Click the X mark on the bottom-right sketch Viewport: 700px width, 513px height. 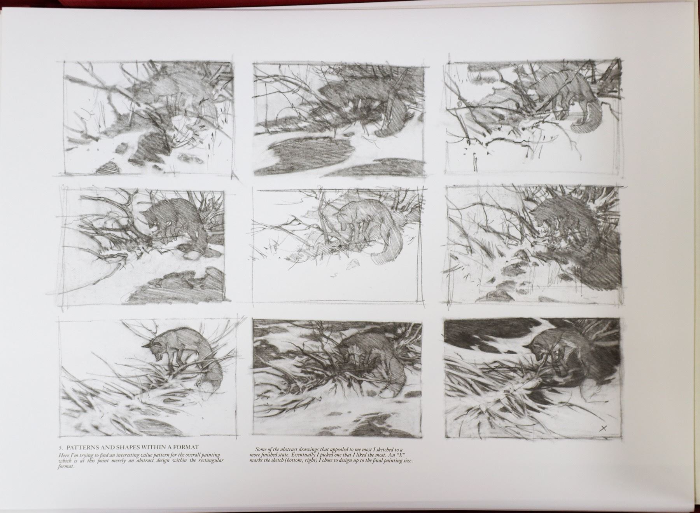tap(604, 429)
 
